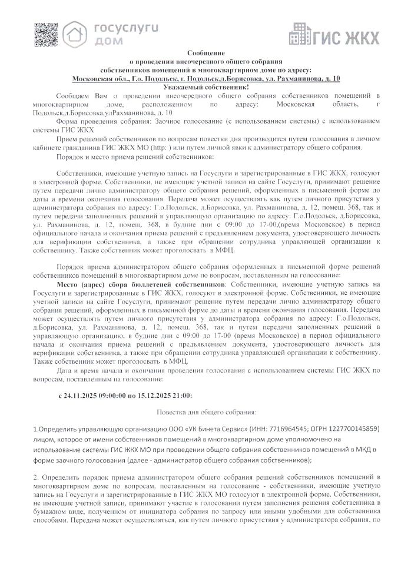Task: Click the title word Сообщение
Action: pos(206,54)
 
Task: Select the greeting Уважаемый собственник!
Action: pos(206,87)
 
